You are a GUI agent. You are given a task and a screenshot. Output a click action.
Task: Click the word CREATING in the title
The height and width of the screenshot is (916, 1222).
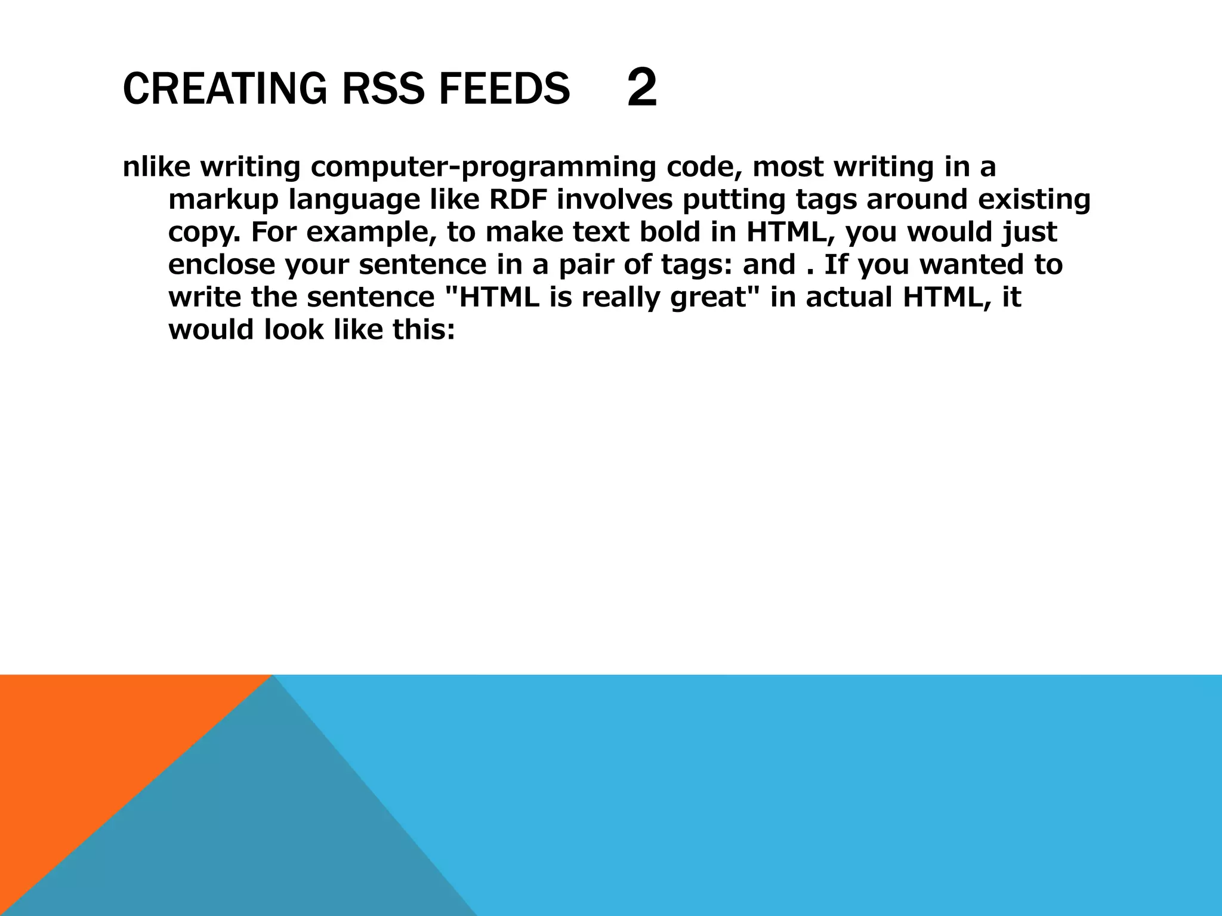coord(224,89)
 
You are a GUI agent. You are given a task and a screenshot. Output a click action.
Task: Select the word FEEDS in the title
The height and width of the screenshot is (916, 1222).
coord(504,89)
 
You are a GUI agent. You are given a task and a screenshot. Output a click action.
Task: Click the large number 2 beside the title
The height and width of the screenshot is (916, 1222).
coord(642,88)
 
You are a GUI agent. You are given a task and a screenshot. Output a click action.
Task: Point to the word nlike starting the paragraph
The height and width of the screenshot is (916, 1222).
coord(156,167)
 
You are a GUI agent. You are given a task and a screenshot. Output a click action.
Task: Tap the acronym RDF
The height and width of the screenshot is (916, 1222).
coord(518,199)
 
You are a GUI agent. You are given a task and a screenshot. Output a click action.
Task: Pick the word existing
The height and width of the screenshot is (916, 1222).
coord(1033,200)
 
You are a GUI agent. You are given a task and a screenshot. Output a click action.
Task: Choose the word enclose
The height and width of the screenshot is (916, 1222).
coord(222,264)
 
